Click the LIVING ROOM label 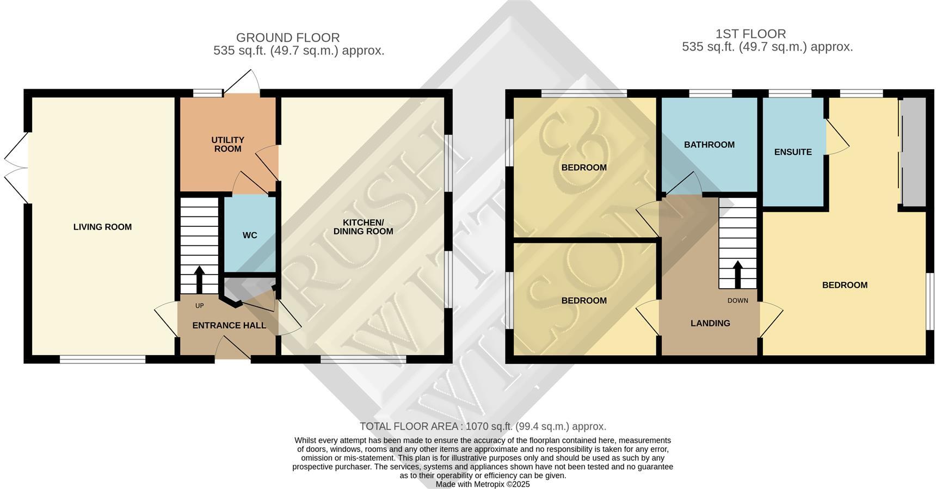(102, 227)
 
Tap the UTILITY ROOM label (227, 144)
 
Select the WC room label (250, 235)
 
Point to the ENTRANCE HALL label (229, 325)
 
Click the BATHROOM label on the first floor (709, 145)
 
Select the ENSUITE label (793, 152)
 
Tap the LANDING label (710, 323)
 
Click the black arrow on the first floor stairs (738, 274)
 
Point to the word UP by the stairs (199, 306)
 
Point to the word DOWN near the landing (738, 300)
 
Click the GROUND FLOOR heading (288, 38)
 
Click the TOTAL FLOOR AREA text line (483, 426)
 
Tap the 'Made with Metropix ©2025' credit (483, 484)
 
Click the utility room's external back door (241, 83)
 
